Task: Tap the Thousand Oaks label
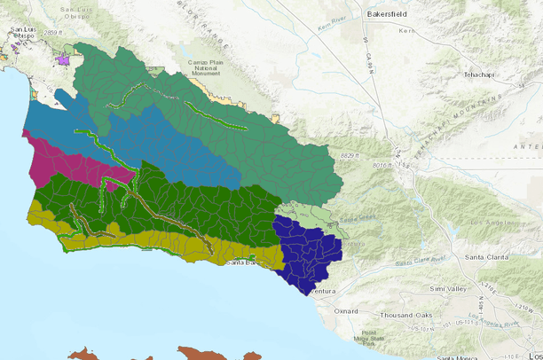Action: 404,317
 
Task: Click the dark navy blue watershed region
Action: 306,253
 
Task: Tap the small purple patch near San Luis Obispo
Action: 63,60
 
